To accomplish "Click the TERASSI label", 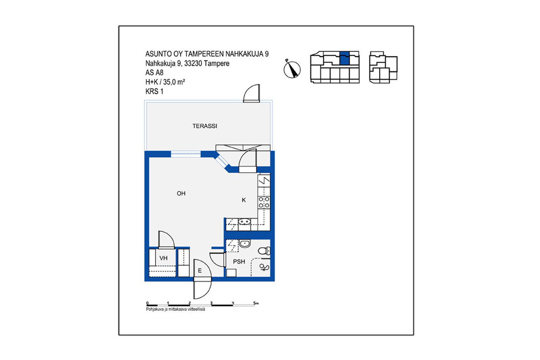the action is (x=205, y=126).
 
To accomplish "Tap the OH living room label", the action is (x=181, y=193).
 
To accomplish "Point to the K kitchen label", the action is (x=244, y=200).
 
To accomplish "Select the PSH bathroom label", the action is (x=239, y=261).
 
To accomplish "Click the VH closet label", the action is (x=163, y=258).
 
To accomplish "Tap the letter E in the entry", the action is (x=200, y=271).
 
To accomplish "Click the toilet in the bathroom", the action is (x=264, y=251).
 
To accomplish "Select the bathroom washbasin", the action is (x=245, y=244).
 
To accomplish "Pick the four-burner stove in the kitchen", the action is (x=264, y=202).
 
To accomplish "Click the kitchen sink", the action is (x=244, y=221).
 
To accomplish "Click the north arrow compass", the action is (x=292, y=70).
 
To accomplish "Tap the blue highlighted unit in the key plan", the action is (x=345, y=58).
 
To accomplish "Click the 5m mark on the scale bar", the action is (x=256, y=303).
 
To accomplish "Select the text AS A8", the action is (x=154, y=73).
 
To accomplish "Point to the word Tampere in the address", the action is (x=217, y=63).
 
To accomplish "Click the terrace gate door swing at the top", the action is (x=251, y=93).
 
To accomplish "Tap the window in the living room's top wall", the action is (x=186, y=154).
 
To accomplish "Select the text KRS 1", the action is (x=154, y=91).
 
